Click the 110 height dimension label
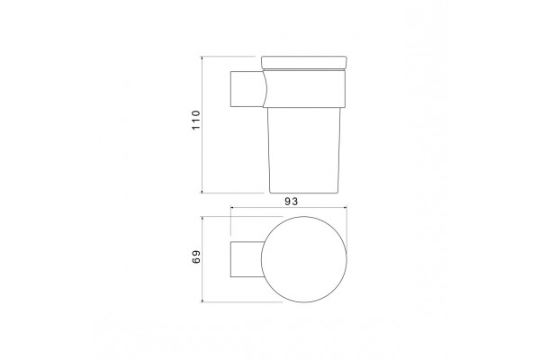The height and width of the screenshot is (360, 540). pos(195,120)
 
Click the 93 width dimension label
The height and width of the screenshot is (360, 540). pos(291,202)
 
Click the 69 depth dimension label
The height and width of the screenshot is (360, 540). pos(195,256)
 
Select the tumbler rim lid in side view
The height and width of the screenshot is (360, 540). pos(304,63)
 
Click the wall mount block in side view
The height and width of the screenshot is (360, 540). pos(247,89)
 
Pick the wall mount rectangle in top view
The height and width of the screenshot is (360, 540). pos(247,259)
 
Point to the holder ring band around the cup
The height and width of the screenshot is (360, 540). pos(304,89)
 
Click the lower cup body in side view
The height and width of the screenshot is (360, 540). pos(304,150)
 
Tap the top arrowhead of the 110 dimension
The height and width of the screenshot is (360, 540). pos(202,58)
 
